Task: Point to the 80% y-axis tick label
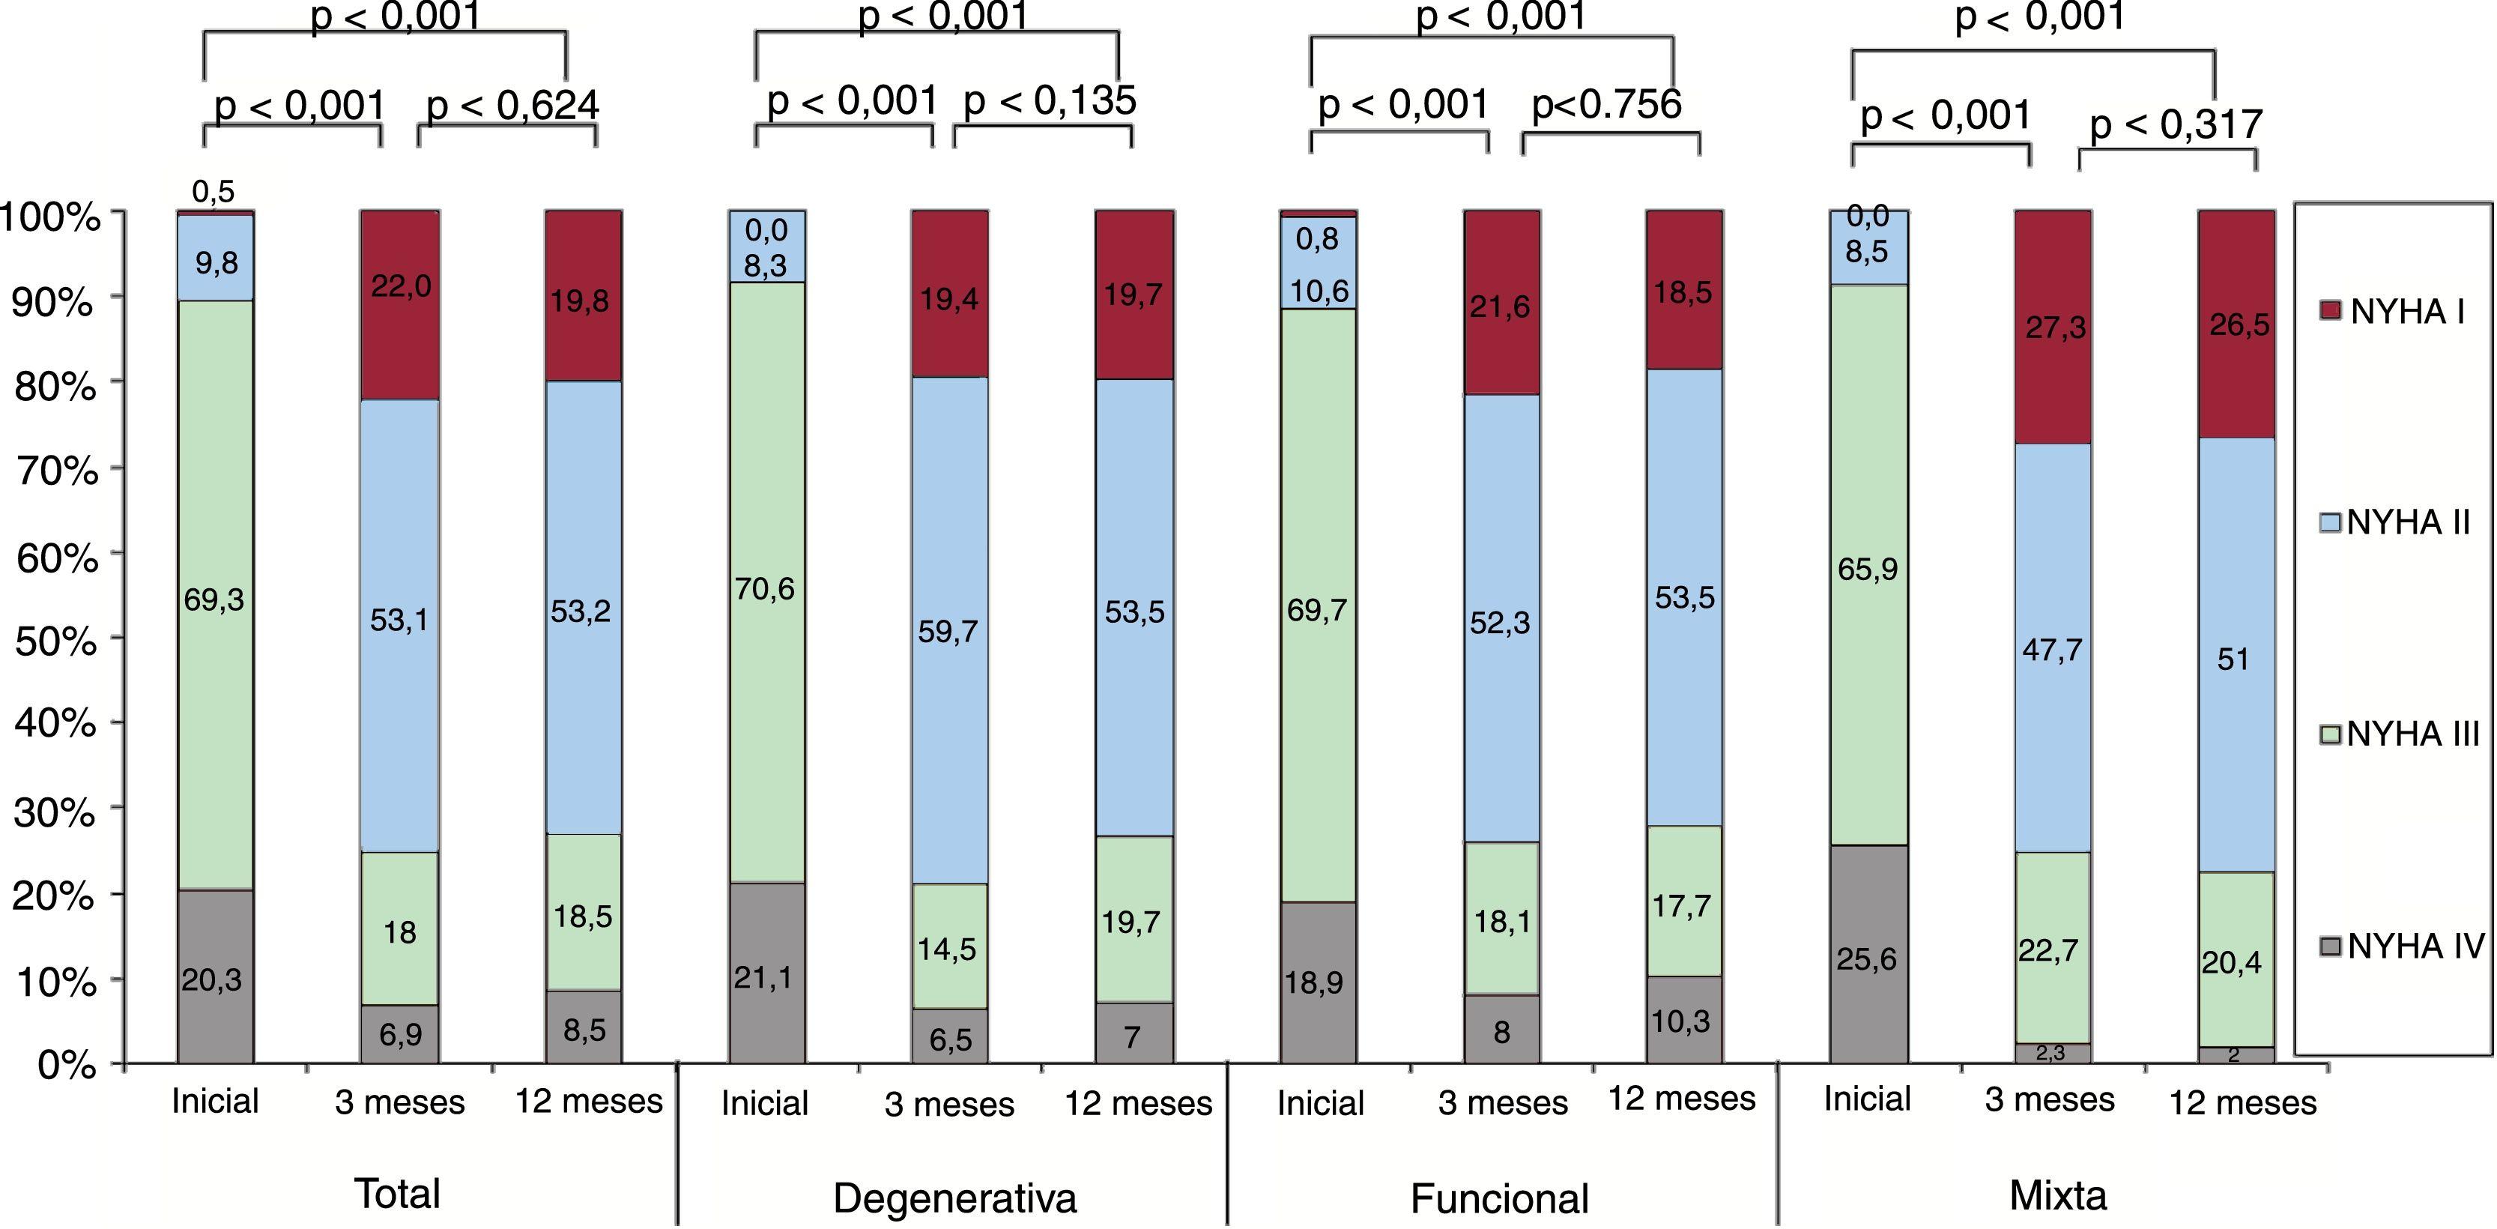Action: coord(56,387)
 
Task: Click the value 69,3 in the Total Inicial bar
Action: coord(214,600)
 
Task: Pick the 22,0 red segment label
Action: coord(400,286)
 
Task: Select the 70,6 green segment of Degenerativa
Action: coord(765,588)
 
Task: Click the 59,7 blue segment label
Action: coord(948,632)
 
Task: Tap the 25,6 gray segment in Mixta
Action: coord(1867,959)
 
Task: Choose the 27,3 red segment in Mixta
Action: coord(2055,327)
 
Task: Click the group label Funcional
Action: coord(1500,1199)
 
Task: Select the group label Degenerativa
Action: coord(954,1198)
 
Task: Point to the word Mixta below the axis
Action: coord(2058,1195)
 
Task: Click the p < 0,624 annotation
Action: coord(512,106)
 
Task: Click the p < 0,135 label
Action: coord(1050,100)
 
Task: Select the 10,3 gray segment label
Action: coord(1681,1021)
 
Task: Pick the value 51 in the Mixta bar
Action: coord(2233,659)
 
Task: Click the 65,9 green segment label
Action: coord(1867,569)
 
